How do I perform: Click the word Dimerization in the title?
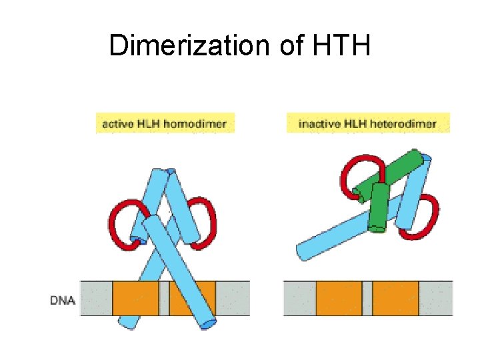coord(178,45)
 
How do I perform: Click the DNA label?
coord(63,300)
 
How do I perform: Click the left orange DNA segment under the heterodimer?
coord(339,298)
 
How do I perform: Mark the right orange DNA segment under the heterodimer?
coord(395,298)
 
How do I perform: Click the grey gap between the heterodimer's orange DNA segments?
coord(367,298)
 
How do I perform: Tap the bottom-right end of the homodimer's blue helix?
coord(209,323)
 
